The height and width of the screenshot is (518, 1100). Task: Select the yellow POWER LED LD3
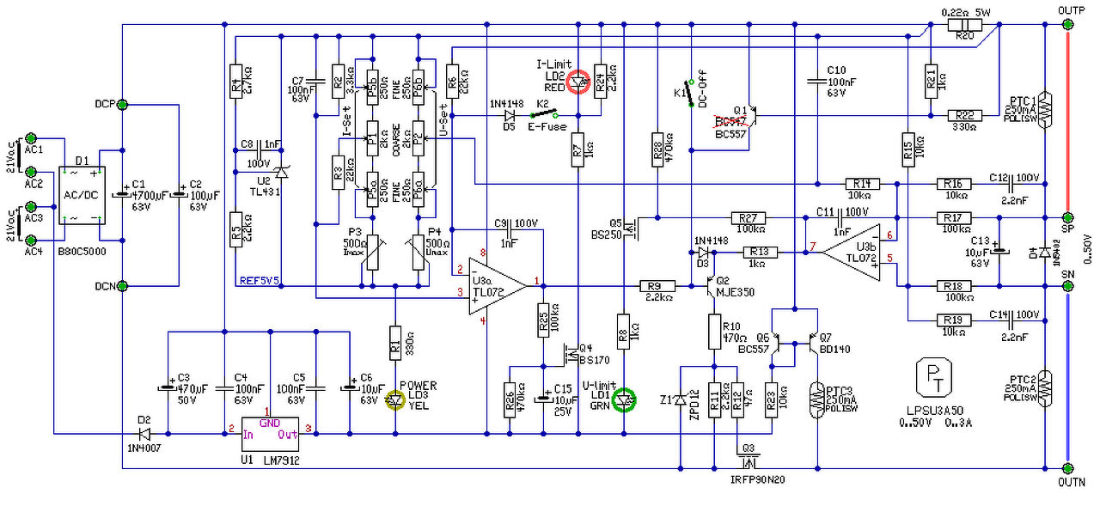tap(394, 399)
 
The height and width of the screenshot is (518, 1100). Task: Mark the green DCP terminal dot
tap(122, 105)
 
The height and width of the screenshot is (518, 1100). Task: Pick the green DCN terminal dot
tap(122, 286)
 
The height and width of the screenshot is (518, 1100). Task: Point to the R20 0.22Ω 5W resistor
tap(965, 25)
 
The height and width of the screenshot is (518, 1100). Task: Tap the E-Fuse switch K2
tap(543, 113)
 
